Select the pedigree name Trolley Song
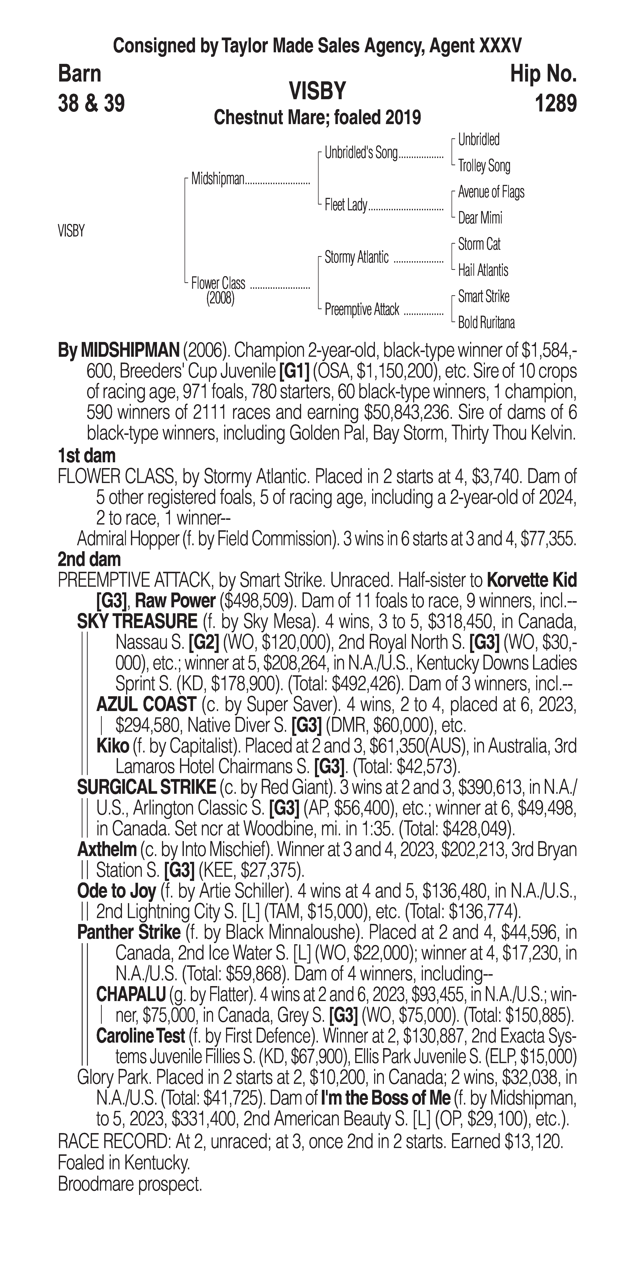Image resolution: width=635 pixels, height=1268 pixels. [484, 166]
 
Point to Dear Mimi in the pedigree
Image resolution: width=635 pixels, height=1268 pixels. [480, 218]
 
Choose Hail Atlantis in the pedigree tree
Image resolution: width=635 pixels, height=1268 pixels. [483, 270]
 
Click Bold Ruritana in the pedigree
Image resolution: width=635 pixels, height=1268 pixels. [486, 323]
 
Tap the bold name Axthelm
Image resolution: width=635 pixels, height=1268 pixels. [107, 849]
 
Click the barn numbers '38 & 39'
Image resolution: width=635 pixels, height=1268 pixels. [91, 104]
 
